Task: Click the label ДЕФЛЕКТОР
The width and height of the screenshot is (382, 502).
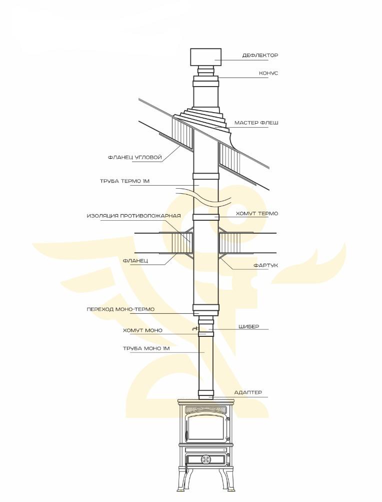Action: click(x=260, y=55)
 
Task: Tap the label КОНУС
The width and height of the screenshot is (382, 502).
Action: click(x=268, y=73)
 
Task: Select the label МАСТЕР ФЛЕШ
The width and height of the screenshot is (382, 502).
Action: click(x=256, y=123)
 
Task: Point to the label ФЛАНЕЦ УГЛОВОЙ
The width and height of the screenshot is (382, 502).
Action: click(x=134, y=157)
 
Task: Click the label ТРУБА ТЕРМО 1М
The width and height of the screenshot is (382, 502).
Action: click(x=124, y=181)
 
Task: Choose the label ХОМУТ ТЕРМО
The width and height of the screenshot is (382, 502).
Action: click(x=257, y=213)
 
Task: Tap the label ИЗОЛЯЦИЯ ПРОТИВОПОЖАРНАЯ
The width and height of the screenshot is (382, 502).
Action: click(x=133, y=216)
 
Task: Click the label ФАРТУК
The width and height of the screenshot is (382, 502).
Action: click(x=265, y=265)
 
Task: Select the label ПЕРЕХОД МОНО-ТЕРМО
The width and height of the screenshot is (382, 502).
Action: click(x=120, y=309)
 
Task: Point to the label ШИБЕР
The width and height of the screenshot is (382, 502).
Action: click(x=248, y=326)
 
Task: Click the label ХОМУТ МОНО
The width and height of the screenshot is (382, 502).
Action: click(x=142, y=330)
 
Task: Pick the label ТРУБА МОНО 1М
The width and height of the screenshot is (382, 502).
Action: click(x=146, y=348)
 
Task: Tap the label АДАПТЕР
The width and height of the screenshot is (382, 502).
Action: click(x=248, y=392)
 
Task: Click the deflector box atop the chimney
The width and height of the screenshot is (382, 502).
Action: click(x=205, y=58)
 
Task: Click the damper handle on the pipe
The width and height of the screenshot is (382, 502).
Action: click(x=194, y=329)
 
